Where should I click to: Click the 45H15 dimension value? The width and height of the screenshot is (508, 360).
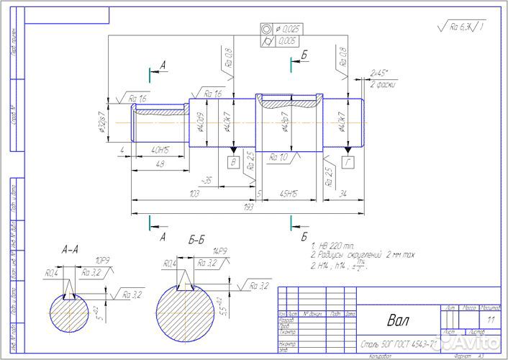(290, 194)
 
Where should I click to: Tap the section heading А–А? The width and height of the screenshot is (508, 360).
(71, 250)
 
